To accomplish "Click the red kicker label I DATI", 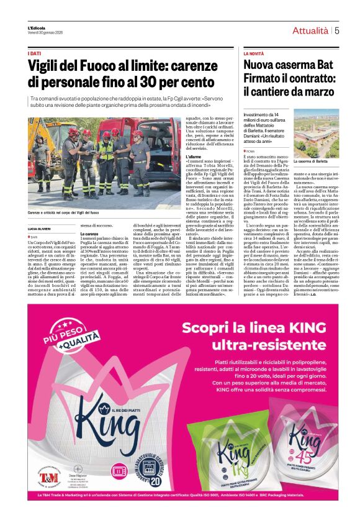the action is coord(34,54).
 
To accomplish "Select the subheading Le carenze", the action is coord(90,233).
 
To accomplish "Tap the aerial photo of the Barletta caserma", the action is coord(316,133).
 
